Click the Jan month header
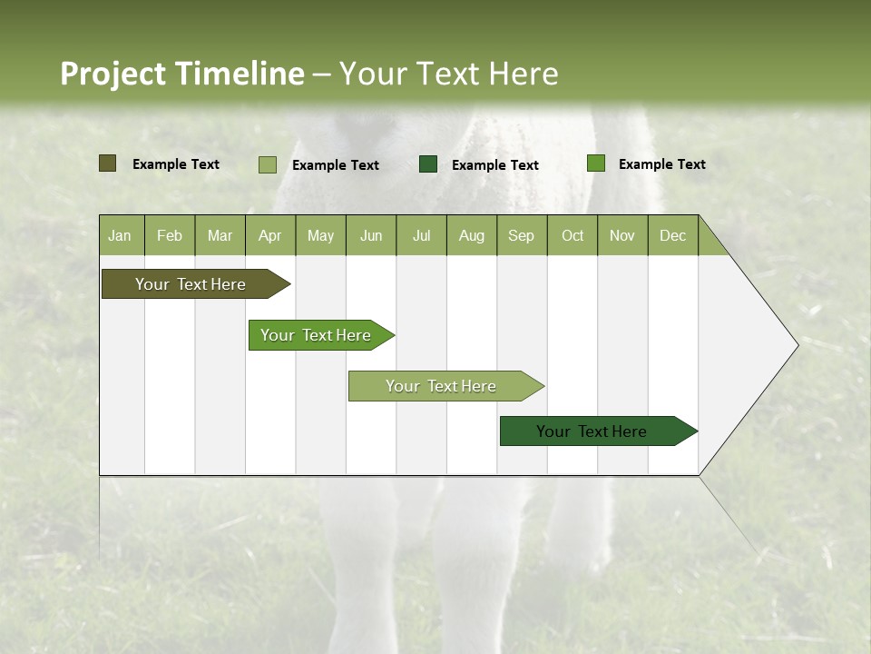[x=121, y=235]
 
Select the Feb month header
[x=170, y=235]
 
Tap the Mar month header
[x=220, y=235]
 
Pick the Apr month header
[x=270, y=235]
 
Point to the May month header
[x=320, y=235]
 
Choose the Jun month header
[x=371, y=235]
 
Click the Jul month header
[x=421, y=235]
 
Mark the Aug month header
[x=472, y=235]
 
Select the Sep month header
[x=522, y=235]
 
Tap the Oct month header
[x=573, y=235]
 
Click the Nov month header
[x=622, y=235]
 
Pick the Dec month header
[x=673, y=235]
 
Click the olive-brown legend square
[x=108, y=163]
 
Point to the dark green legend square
[x=428, y=163]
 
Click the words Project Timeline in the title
[x=182, y=74]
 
